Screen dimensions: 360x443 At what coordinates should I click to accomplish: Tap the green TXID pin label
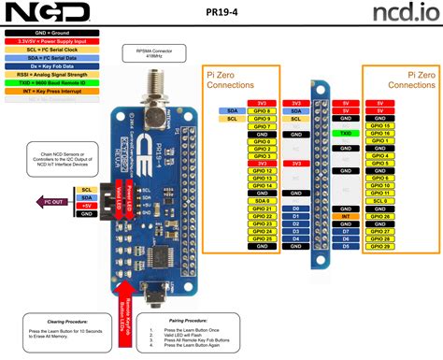[x=345, y=134]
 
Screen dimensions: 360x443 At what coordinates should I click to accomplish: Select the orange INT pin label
[x=345, y=216]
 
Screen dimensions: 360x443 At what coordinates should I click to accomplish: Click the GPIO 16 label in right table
[x=379, y=134]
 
